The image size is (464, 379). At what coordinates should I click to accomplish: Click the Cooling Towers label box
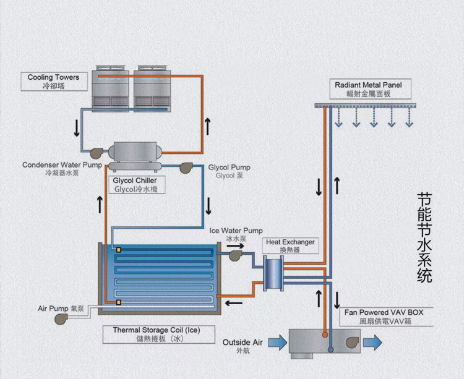54,82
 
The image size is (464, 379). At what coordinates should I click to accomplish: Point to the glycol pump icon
185,167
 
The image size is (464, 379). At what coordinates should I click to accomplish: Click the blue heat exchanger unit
272,272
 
